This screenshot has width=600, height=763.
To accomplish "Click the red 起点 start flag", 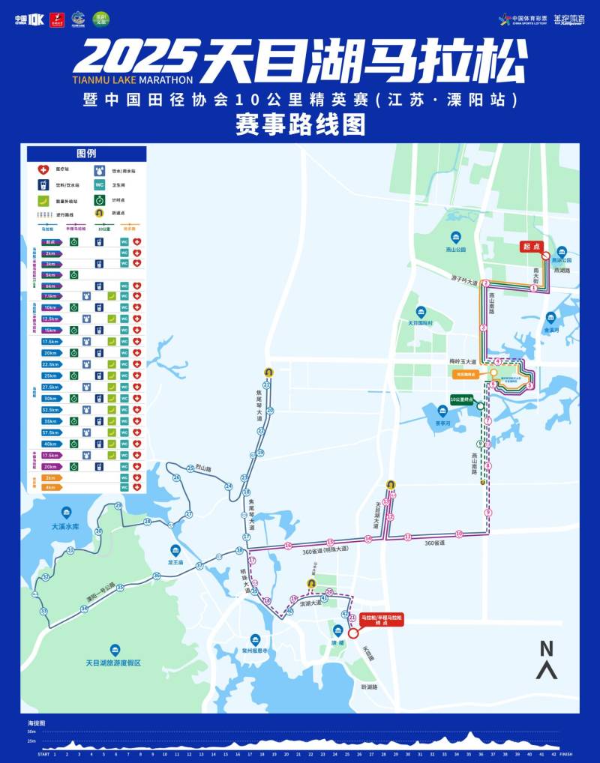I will click(531, 246).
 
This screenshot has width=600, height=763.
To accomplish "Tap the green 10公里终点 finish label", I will click(463, 398).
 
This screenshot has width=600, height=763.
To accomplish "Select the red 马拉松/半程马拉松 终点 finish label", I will click(382, 620).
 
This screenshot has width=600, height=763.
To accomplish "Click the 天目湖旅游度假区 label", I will click(113, 663).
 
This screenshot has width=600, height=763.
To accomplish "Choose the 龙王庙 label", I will click(175, 561).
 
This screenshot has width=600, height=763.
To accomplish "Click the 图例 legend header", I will click(86, 153).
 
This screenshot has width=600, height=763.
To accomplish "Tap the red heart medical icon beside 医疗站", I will click(43, 170).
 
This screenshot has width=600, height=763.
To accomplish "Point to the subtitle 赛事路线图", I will click(300, 124).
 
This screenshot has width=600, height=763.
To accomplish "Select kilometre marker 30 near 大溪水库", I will click(98, 531).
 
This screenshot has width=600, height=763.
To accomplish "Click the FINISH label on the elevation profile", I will click(565, 755).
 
